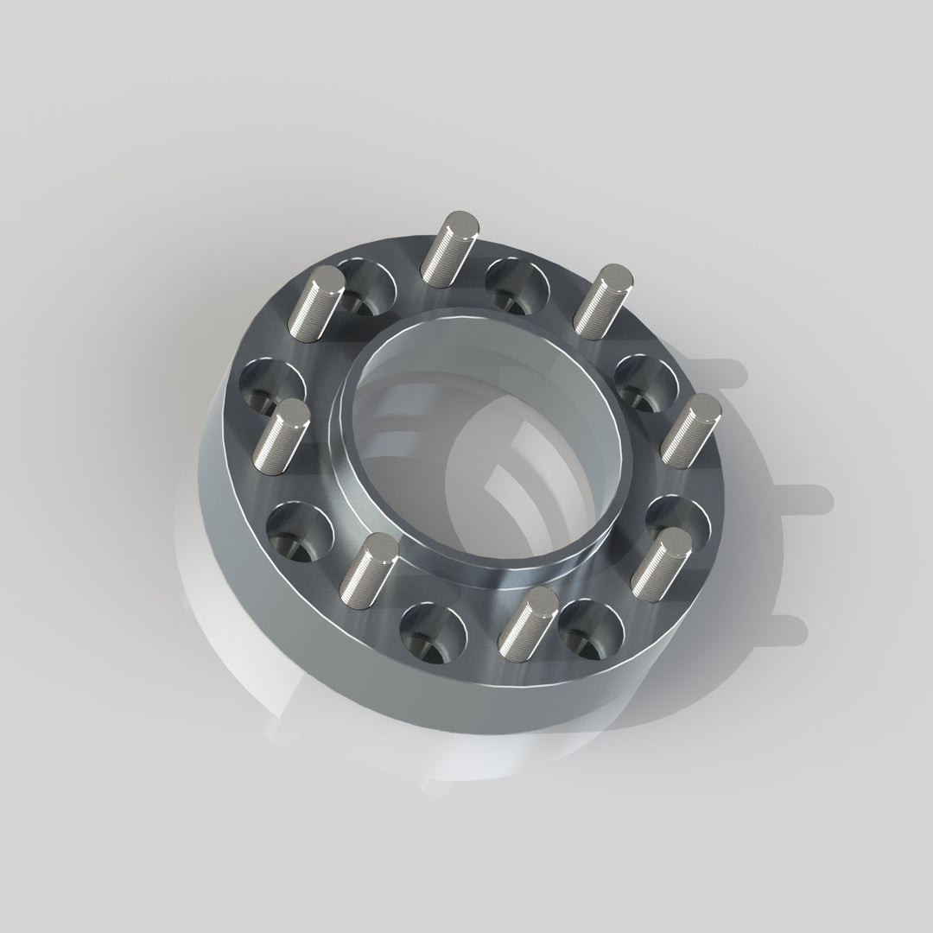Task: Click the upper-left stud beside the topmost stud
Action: (319, 302)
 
